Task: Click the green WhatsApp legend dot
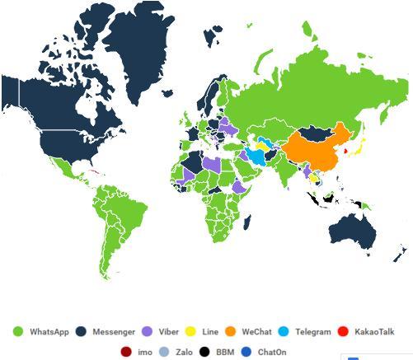click(17, 332)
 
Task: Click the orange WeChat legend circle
click(232, 332)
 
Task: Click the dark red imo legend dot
click(126, 352)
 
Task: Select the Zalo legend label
click(183, 352)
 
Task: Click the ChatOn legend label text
click(271, 352)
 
